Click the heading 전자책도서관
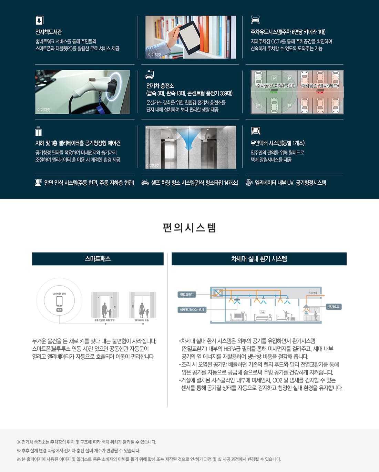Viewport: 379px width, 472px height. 49,32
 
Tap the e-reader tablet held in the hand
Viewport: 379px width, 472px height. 188,37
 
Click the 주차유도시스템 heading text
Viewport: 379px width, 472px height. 288,32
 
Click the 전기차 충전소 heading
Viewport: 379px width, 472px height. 160,86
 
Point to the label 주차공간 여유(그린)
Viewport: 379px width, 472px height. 275,85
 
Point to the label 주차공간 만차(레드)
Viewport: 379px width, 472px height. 319,85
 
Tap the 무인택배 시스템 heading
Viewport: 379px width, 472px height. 277,143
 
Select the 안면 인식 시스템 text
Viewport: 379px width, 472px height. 89,183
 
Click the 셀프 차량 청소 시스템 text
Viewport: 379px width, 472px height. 195,183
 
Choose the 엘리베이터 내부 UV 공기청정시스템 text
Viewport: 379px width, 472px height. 290,183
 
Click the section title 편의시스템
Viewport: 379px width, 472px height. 189,228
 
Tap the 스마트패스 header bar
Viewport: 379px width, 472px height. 98,259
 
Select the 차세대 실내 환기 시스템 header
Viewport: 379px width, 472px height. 259,259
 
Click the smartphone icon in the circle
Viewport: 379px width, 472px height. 60,301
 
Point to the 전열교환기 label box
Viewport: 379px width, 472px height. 187,295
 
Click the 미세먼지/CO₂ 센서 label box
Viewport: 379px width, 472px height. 192,310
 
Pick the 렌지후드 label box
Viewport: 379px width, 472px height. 334,307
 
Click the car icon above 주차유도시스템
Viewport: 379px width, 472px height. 255,20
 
